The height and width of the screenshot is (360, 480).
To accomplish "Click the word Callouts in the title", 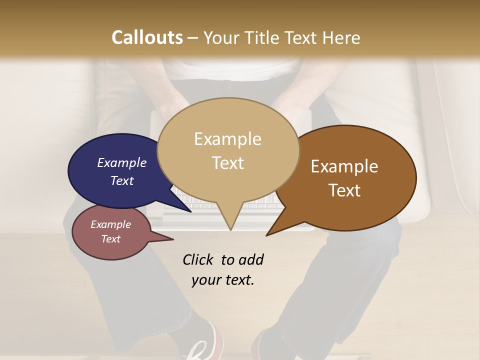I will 147,37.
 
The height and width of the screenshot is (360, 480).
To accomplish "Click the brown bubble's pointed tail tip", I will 267,234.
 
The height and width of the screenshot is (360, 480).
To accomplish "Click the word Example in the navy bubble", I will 121,162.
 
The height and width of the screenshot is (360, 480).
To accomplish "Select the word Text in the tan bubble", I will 227,163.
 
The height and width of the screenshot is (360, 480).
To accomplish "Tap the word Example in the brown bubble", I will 344,166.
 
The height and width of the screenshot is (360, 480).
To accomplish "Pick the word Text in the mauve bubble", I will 110,239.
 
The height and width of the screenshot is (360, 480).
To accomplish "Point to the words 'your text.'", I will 222,280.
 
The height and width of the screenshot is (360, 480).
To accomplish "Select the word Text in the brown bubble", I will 344,190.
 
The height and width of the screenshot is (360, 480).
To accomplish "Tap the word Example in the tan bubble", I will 227,139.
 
